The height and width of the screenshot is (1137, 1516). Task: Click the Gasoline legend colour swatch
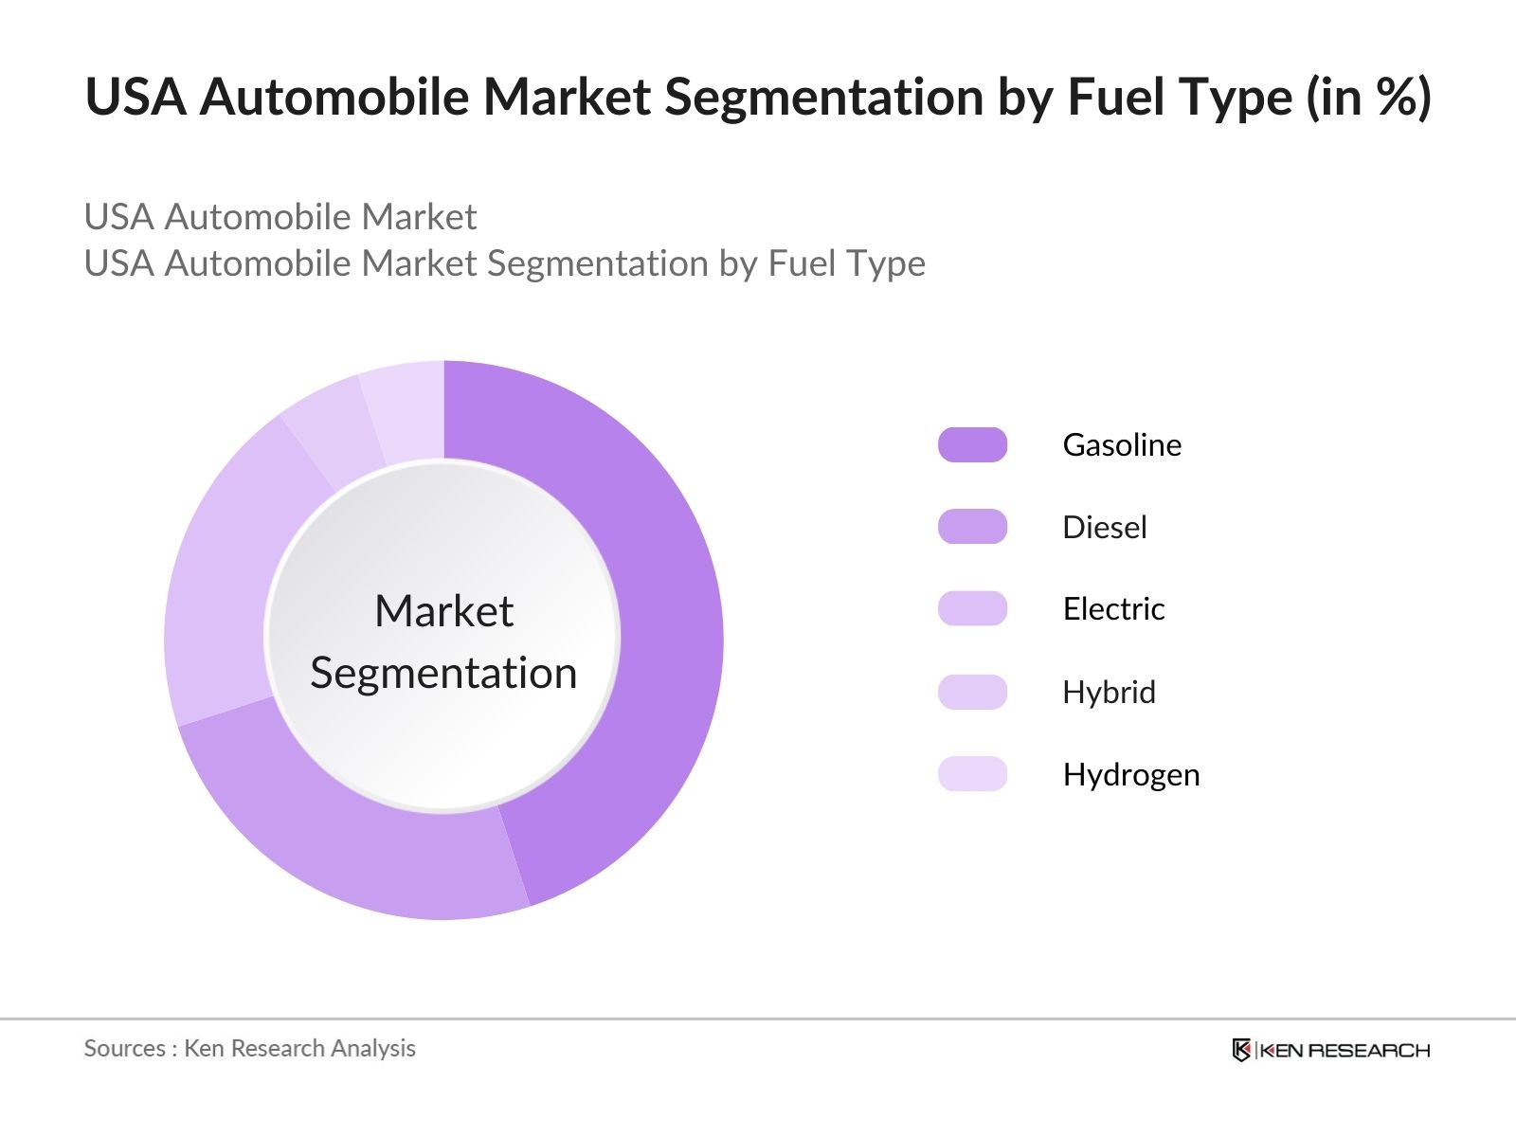[x=972, y=445]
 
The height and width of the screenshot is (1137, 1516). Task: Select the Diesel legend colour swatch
[x=972, y=527]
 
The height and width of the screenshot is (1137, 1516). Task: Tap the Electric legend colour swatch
[x=972, y=609]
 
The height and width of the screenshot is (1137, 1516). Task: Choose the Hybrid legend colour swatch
[x=972, y=692]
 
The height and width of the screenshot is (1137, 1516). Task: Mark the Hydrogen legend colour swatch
[x=972, y=774]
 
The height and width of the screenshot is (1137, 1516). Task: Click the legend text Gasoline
[x=1122, y=445]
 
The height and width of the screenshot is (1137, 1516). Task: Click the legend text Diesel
[x=1104, y=527]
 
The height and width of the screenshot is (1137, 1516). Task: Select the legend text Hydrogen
[x=1130, y=775]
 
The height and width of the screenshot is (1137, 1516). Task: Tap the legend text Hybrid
[x=1109, y=693]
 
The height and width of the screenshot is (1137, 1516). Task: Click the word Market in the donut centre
[x=443, y=611]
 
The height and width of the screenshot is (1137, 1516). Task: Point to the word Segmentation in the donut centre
[x=443, y=674]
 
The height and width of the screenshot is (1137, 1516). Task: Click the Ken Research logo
[x=1330, y=1050]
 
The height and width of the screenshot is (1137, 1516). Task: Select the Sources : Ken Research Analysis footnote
[x=249, y=1048]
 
